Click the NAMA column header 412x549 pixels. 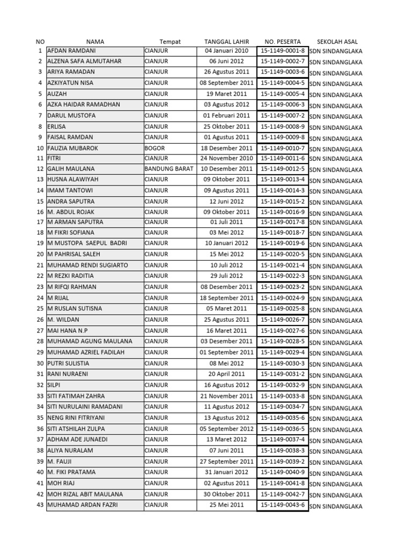95,41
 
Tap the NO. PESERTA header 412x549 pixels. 283,41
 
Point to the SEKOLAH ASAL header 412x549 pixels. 337,41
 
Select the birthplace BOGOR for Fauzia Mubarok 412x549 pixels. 155,148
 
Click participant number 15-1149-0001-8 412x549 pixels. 283,51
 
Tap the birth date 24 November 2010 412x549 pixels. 226,158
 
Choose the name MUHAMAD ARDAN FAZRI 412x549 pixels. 82,505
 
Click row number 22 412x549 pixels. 40,276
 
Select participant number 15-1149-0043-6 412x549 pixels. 283,505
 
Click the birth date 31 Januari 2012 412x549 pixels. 226,472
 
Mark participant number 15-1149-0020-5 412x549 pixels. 283,254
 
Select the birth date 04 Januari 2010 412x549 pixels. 226,51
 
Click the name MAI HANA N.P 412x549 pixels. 68,331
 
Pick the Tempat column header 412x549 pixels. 170,41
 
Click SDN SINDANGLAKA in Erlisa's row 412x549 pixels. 336,128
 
